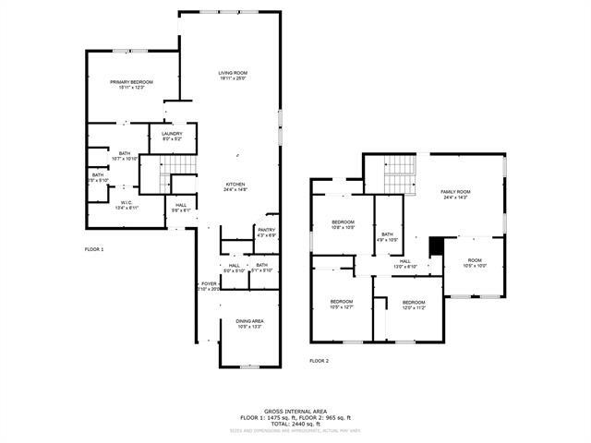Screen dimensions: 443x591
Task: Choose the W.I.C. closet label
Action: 126,205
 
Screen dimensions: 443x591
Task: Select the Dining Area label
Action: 249,323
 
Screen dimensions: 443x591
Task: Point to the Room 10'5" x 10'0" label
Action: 475,263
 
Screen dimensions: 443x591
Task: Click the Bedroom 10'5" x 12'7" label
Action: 342,305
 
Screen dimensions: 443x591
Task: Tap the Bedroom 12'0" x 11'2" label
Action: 413,305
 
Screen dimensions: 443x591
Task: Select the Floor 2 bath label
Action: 387,237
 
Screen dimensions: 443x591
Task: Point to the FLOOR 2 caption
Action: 320,361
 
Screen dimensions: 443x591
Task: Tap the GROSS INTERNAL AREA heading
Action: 295,412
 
